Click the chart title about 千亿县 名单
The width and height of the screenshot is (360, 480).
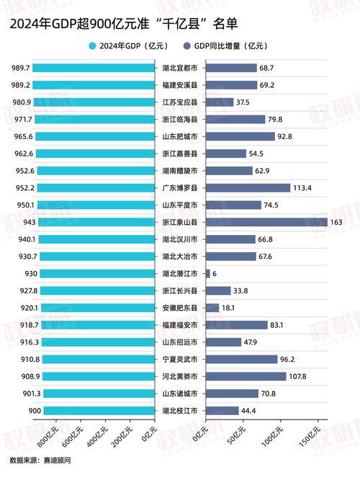click(123, 24)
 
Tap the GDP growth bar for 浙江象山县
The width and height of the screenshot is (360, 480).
click(266, 222)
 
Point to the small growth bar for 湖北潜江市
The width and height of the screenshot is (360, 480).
click(208, 273)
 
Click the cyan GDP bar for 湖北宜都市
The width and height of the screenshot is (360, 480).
click(94, 68)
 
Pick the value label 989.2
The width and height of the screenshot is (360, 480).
click(21, 85)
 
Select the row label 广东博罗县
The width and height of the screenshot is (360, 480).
click(181, 187)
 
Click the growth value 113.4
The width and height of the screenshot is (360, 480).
click(302, 187)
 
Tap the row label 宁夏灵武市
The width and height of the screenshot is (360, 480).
click(181, 359)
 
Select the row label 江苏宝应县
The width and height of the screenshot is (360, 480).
click(181, 102)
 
